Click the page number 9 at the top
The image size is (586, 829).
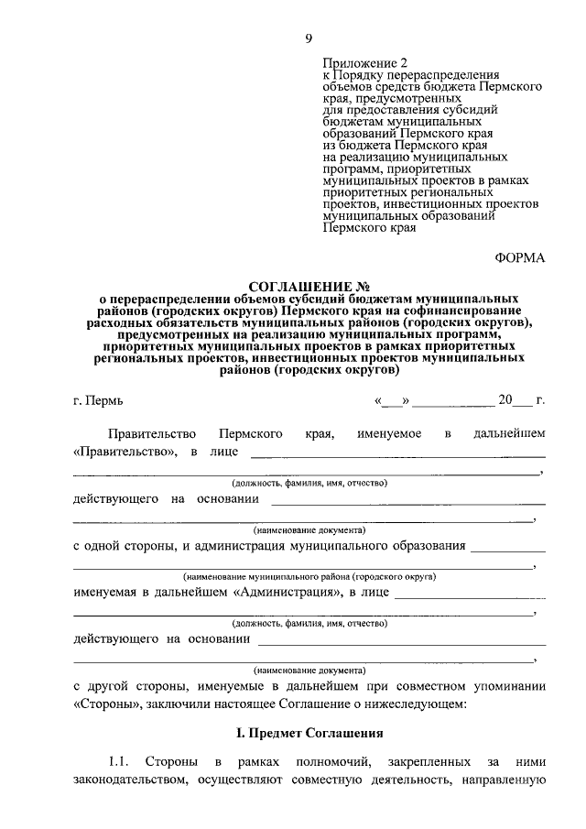pos(309,38)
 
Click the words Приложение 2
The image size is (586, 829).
pos(360,63)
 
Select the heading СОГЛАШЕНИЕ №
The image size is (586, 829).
pos(300,287)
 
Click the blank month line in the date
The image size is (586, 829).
pos(453,401)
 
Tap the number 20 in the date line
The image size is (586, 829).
pos(506,400)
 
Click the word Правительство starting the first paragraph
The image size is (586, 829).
pos(150,431)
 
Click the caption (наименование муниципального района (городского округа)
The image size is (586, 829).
pos(308,577)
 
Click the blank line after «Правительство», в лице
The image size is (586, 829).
pos(397,453)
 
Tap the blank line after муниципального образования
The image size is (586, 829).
pos(506,546)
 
